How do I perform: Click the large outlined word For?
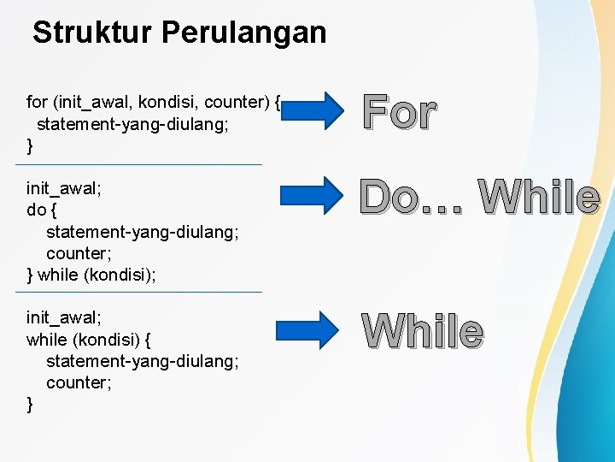(399, 112)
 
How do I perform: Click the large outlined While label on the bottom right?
(422, 331)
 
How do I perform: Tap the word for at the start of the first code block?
(37, 103)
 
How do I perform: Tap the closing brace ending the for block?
(31, 146)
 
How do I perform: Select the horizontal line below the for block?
(144, 164)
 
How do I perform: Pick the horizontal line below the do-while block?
(144, 292)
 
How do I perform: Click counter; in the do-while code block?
(79, 253)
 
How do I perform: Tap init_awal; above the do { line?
(64, 187)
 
